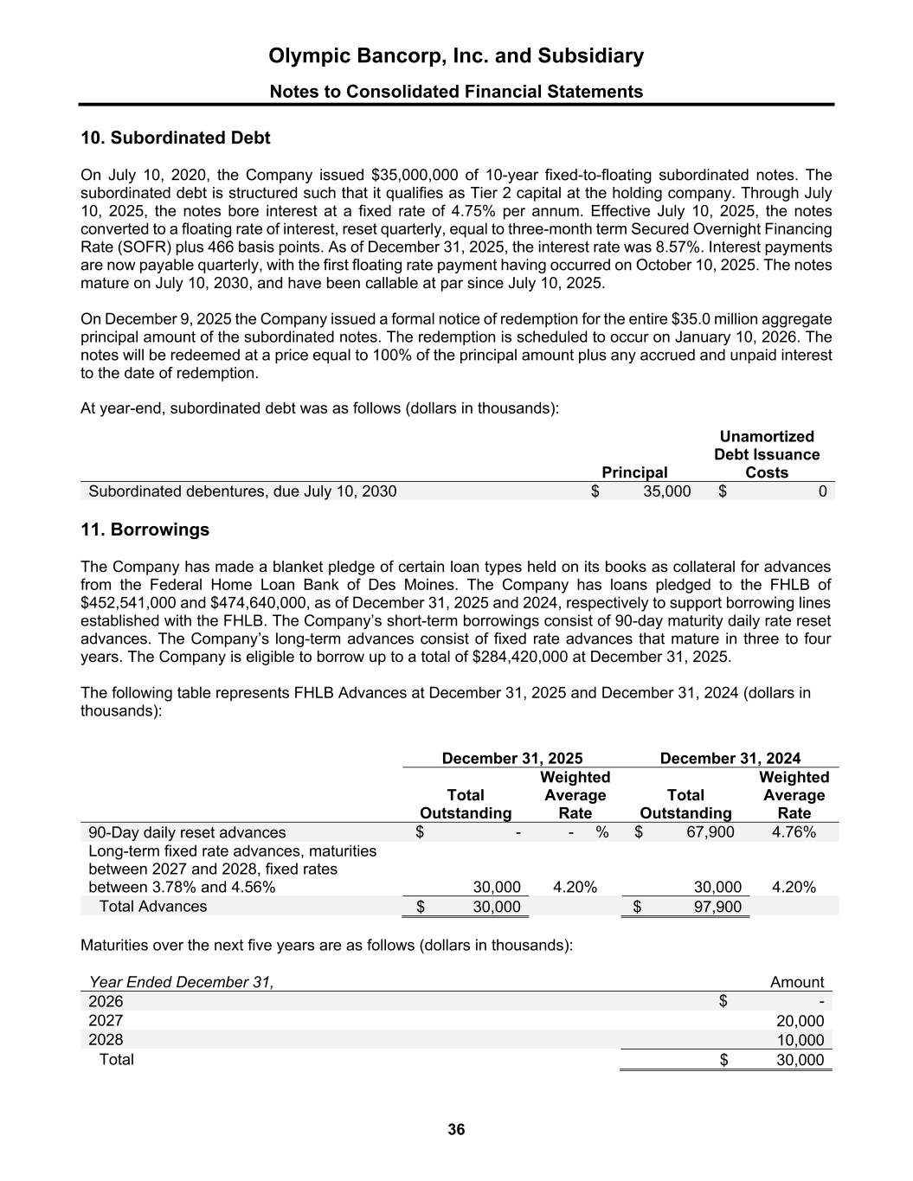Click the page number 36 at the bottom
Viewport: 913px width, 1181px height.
[x=456, y=1129]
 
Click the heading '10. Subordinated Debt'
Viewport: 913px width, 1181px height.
[x=175, y=138]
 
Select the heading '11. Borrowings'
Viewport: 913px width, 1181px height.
[x=145, y=530]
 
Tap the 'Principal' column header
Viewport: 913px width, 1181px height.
[x=635, y=472]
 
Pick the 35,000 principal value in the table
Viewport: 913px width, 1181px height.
[x=666, y=491]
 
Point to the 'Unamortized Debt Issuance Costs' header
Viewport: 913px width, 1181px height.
[x=767, y=454]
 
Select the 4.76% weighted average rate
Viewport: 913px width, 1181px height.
[x=794, y=832]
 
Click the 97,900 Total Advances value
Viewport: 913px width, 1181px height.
[x=718, y=907]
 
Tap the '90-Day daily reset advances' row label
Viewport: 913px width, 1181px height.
[x=187, y=832]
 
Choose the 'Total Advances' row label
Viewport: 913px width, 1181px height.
[x=153, y=907]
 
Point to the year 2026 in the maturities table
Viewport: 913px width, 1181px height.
[x=106, y=1001]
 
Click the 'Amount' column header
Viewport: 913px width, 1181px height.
[x=796, y=982]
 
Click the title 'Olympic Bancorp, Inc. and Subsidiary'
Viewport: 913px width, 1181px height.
[x=456, y=56]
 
